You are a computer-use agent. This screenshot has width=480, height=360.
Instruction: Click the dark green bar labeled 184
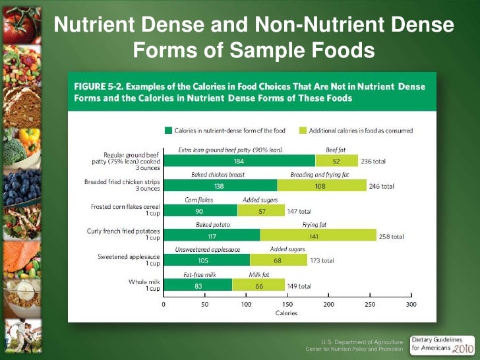239,160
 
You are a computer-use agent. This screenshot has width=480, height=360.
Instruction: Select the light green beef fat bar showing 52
336,160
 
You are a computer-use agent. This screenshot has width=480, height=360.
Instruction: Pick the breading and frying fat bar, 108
321,185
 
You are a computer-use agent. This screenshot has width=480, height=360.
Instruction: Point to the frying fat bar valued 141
318,235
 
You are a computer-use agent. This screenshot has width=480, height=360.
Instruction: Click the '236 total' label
375,160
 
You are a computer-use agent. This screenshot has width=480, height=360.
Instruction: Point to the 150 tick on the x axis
287,305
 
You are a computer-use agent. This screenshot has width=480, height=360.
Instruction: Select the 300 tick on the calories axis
411,305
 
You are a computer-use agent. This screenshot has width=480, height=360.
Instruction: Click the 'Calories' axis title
287,313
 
